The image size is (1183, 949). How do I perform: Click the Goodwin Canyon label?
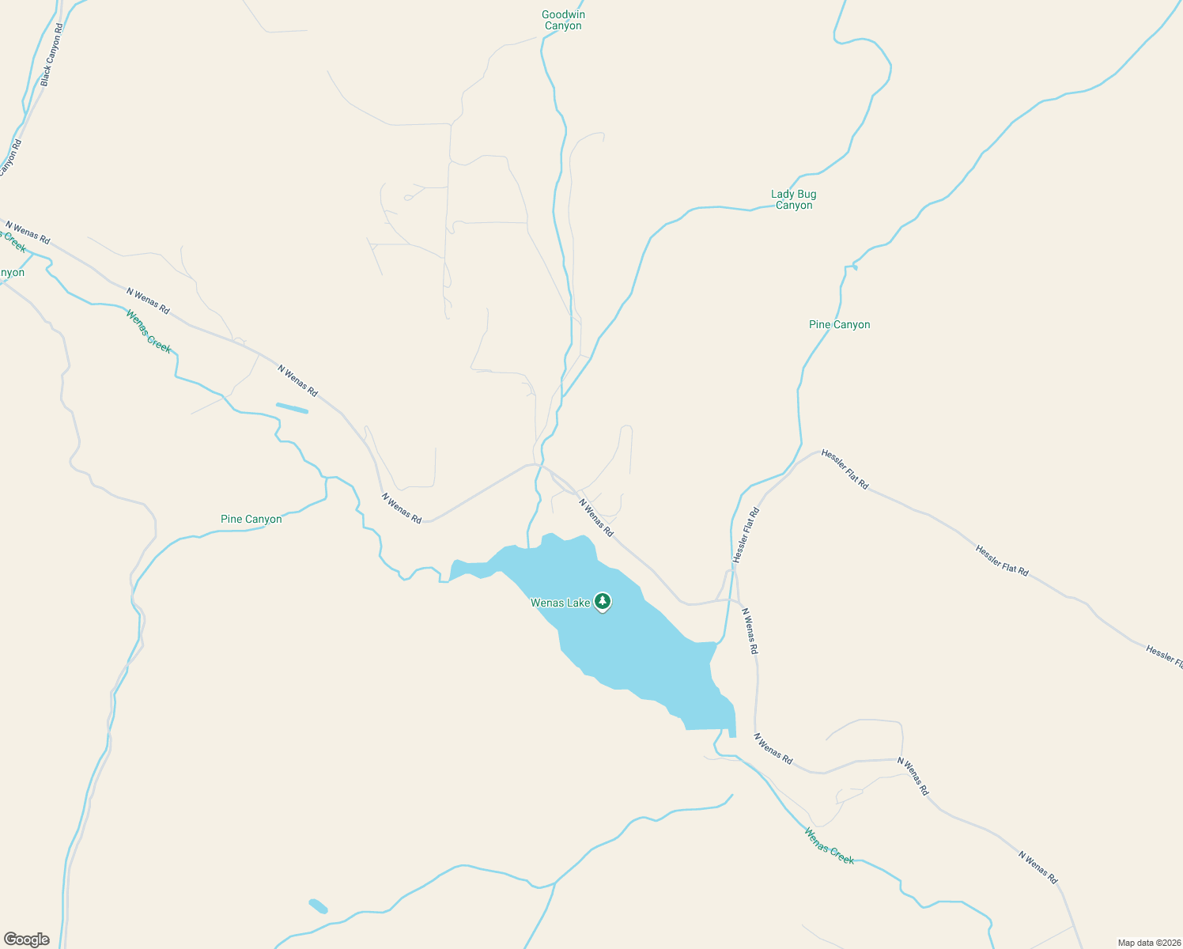coord(563,20)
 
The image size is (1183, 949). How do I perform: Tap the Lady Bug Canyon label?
coord(794,199)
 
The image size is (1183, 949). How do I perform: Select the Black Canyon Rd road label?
coord(51,55)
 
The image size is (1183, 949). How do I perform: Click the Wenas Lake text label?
coord(560,603)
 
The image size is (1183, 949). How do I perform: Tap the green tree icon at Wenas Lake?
coord(603,602)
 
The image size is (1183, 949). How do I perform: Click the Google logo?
coord(26,940)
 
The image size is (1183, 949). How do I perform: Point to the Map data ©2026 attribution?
coord(1148,943)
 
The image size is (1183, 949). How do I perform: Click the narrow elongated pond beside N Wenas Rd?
coord(292,408)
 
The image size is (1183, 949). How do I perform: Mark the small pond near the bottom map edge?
coord(318,906)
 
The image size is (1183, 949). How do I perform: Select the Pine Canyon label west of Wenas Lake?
coord(251,519)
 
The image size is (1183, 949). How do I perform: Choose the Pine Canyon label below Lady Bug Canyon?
coord(839,324)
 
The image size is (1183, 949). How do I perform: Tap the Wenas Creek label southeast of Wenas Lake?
coord(829,845)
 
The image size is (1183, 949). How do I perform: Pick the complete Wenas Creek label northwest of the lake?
coord(148,331)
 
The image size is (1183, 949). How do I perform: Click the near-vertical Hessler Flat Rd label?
coord(746,535)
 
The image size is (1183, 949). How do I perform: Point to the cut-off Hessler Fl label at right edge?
coord(1164,656)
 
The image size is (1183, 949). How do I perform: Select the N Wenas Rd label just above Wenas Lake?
coord(595,517)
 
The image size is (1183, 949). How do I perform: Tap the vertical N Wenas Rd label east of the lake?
coord(750,630)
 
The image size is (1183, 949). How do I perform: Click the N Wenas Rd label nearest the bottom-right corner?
coord(1037,867)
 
